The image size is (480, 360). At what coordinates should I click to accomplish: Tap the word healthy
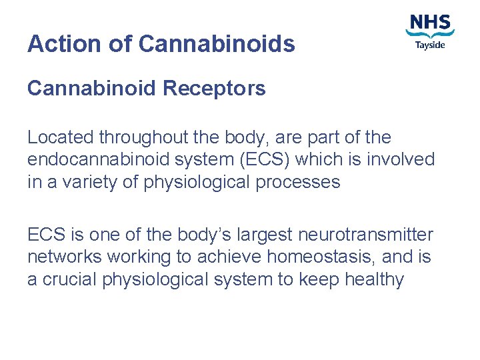[374, 279]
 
